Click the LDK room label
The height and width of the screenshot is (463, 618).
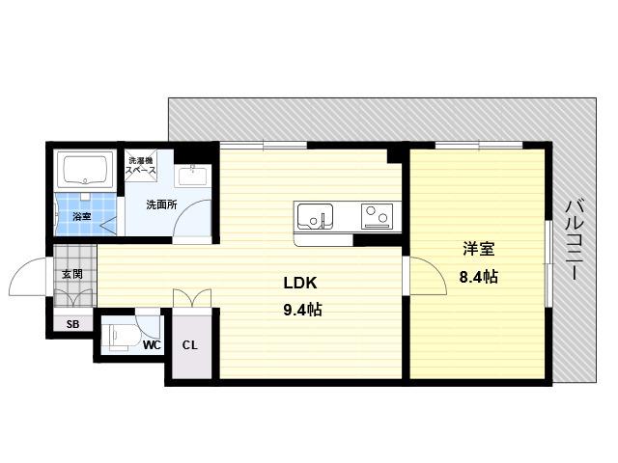300,283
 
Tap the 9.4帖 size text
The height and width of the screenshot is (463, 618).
302,310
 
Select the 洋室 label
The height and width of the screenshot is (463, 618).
479,249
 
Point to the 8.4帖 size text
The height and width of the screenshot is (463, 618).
479,277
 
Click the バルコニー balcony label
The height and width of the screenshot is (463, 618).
574,240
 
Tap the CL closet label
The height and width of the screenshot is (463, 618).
189,345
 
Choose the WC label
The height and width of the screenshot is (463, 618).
152,345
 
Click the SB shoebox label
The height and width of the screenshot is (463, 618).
73,324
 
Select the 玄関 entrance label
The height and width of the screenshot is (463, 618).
72,274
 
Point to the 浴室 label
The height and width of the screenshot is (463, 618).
82,216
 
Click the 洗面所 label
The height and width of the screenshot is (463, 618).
161,204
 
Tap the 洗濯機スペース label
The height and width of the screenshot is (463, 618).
141,166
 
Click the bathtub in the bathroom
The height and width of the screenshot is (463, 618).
86,171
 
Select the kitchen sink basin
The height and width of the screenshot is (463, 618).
315,216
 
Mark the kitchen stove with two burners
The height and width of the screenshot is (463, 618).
378,216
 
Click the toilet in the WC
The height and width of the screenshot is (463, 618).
116,336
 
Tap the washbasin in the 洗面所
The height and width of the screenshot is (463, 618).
193,175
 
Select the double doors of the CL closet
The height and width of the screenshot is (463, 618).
192,298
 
